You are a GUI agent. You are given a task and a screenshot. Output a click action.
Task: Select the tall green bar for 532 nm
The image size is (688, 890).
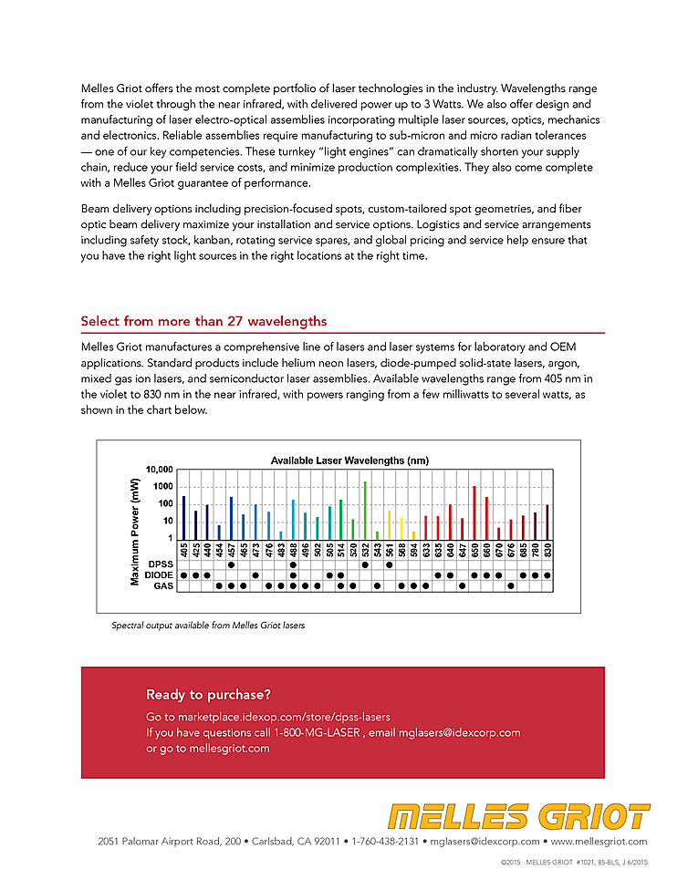365,511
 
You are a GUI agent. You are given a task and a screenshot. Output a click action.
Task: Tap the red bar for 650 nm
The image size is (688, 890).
474,512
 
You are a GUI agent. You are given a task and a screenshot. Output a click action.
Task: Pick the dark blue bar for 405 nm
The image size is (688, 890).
183,517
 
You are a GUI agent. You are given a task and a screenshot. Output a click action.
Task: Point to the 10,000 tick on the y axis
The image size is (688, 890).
158,470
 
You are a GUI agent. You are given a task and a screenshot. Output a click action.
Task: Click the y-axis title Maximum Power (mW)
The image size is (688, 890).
135,532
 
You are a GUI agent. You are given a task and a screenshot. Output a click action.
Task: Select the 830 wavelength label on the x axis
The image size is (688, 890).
547,550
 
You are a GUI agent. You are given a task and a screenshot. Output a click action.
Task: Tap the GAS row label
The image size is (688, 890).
163,586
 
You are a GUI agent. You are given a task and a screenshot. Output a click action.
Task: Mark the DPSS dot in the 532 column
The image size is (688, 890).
365,564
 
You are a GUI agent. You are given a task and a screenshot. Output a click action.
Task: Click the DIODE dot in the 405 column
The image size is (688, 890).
183,575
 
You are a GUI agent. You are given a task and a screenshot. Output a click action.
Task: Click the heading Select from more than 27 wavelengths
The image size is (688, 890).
203,321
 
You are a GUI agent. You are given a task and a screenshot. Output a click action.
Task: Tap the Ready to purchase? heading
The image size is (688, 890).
208,695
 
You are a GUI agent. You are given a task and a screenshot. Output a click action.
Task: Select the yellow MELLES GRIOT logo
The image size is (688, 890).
518,816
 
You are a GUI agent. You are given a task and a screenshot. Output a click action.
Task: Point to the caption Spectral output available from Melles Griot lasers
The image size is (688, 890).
208,626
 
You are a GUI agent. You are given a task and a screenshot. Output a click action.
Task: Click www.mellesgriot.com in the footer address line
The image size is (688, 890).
599,842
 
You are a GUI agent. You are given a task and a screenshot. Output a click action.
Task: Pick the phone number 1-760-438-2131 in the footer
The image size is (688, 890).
386,842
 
